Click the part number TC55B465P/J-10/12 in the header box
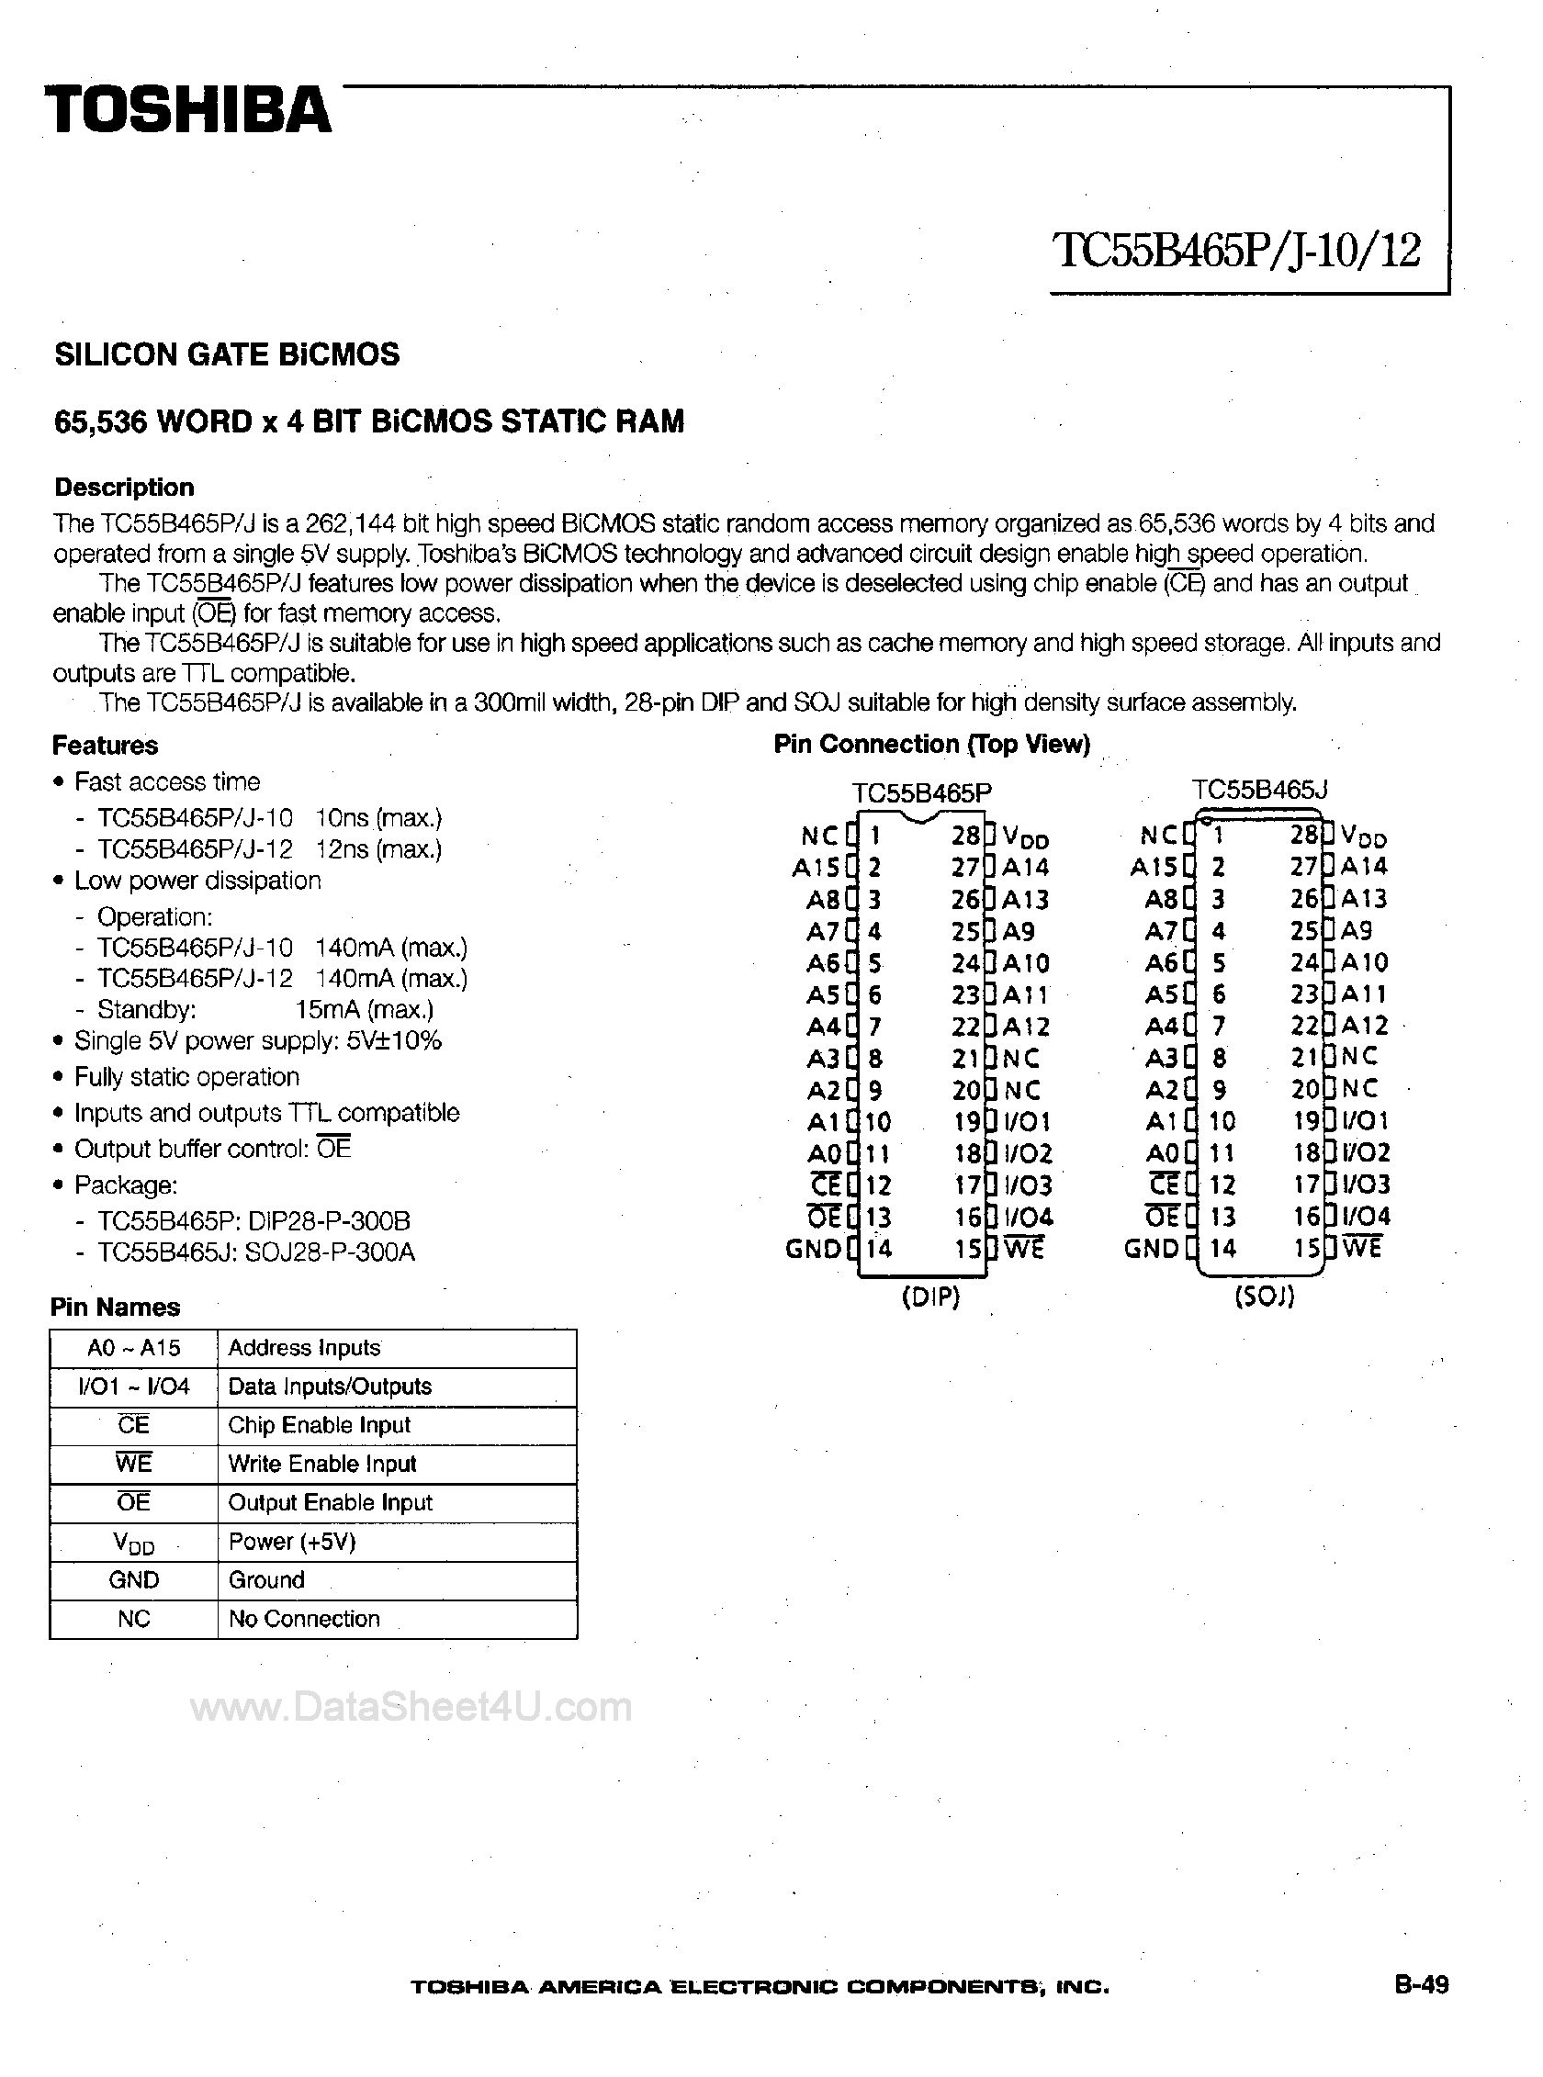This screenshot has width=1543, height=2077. click(x=1236, y=251)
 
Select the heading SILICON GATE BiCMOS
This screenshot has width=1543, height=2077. click(x=227, y=354)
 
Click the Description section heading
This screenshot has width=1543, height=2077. click(x=124, y=488)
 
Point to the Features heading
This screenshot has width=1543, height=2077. click(x=105, y=746)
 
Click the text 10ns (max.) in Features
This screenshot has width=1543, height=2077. click(x=378, y=818)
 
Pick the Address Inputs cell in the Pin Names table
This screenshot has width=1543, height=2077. click(x=305, y=1348)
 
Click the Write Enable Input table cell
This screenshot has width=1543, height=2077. click(x=322, y=1464)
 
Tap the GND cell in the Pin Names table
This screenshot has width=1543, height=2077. click(x=133, y=1579)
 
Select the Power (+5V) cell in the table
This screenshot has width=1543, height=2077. click(x=292, y=1541)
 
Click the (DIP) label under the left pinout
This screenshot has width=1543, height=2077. click(x=930, y=1297)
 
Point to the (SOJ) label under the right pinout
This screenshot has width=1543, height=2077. click(x=1264, y=1297)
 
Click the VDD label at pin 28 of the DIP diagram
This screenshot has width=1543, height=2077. click(x=1026, y=836)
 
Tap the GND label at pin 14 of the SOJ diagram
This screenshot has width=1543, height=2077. click(x=1153, y=1248)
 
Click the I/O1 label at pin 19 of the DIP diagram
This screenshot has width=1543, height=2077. click(x=1028, y=1121)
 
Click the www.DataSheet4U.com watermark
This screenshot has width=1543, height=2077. click(x=411, y=1707)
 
